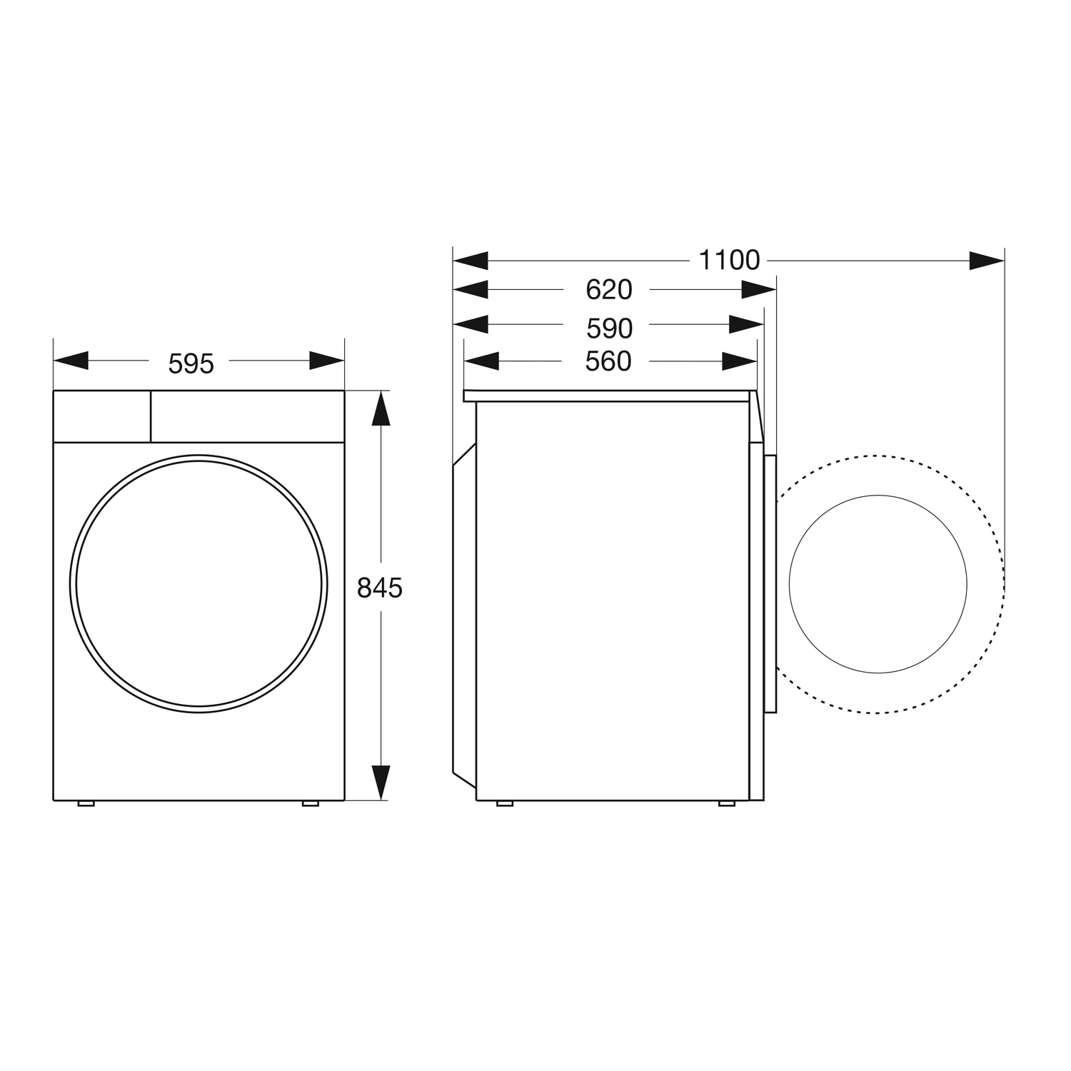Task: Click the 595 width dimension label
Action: [x=191, y=364]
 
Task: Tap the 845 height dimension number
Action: [x=380, y=588]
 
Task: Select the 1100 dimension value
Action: [x=729, y=261]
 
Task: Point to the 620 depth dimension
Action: [x=608, y=290]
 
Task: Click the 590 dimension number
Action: [x=609, y=328]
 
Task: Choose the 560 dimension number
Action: [x=608, y=361]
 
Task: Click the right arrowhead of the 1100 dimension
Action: [x=987, y=261]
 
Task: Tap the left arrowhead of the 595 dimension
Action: [x=71, y=361]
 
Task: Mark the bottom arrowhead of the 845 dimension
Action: [x=381, y=782]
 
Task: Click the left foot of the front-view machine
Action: [x=86, y=804]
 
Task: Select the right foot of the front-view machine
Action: [x=311, y=804]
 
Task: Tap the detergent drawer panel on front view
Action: [x=102, y=416]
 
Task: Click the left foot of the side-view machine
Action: [x=504, y=804]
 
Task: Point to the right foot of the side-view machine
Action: [x=727, y=804]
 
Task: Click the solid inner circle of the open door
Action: [x=878, y=584]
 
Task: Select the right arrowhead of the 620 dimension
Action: [x=758, y=290]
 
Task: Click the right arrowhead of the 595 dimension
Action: [x=326, y=361]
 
